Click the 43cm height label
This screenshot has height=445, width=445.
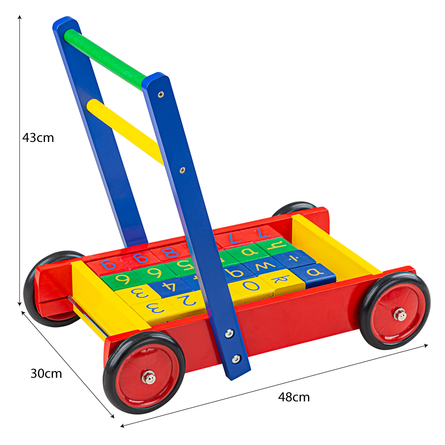[x=38, y=138]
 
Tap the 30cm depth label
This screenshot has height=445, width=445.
[x=46, y=373]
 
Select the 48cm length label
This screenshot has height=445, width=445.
[x=294, y=397]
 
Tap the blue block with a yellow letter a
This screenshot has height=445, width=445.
[x=314, y=271]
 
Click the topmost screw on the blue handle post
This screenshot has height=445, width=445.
[x=161, y=94]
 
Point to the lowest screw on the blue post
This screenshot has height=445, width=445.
[x=236, y=358]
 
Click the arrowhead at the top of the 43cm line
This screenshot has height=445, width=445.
[x=20, y=17]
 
